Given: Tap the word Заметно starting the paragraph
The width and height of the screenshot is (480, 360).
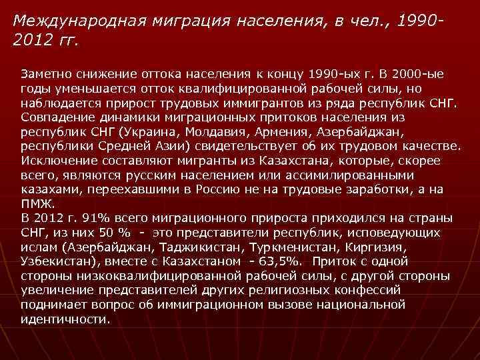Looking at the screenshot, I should click(x=46, y=72).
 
